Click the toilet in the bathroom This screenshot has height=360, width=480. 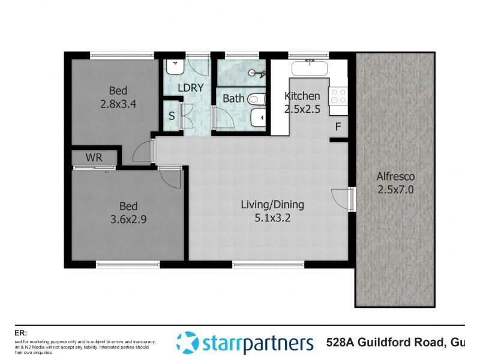click(x=256, y=97)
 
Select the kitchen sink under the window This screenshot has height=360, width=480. click(x=310, y=68)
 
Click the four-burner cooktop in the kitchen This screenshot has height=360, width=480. click(x=338, y=97)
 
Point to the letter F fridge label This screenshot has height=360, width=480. click(x=338, y=127)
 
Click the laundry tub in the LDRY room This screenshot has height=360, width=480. click(x=175, y=68)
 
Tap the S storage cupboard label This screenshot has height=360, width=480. click(x=172, y=116)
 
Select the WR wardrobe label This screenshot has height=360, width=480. click(x=94, y=158)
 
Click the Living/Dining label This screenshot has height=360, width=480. click(x=272, y=205)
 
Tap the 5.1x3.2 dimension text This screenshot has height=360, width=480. click(x=272, y=218)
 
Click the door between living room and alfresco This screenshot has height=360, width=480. click(x=352, y=199)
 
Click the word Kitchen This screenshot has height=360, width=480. click(x=302, y=96)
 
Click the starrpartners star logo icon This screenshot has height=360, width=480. click(x=187, y=343)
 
